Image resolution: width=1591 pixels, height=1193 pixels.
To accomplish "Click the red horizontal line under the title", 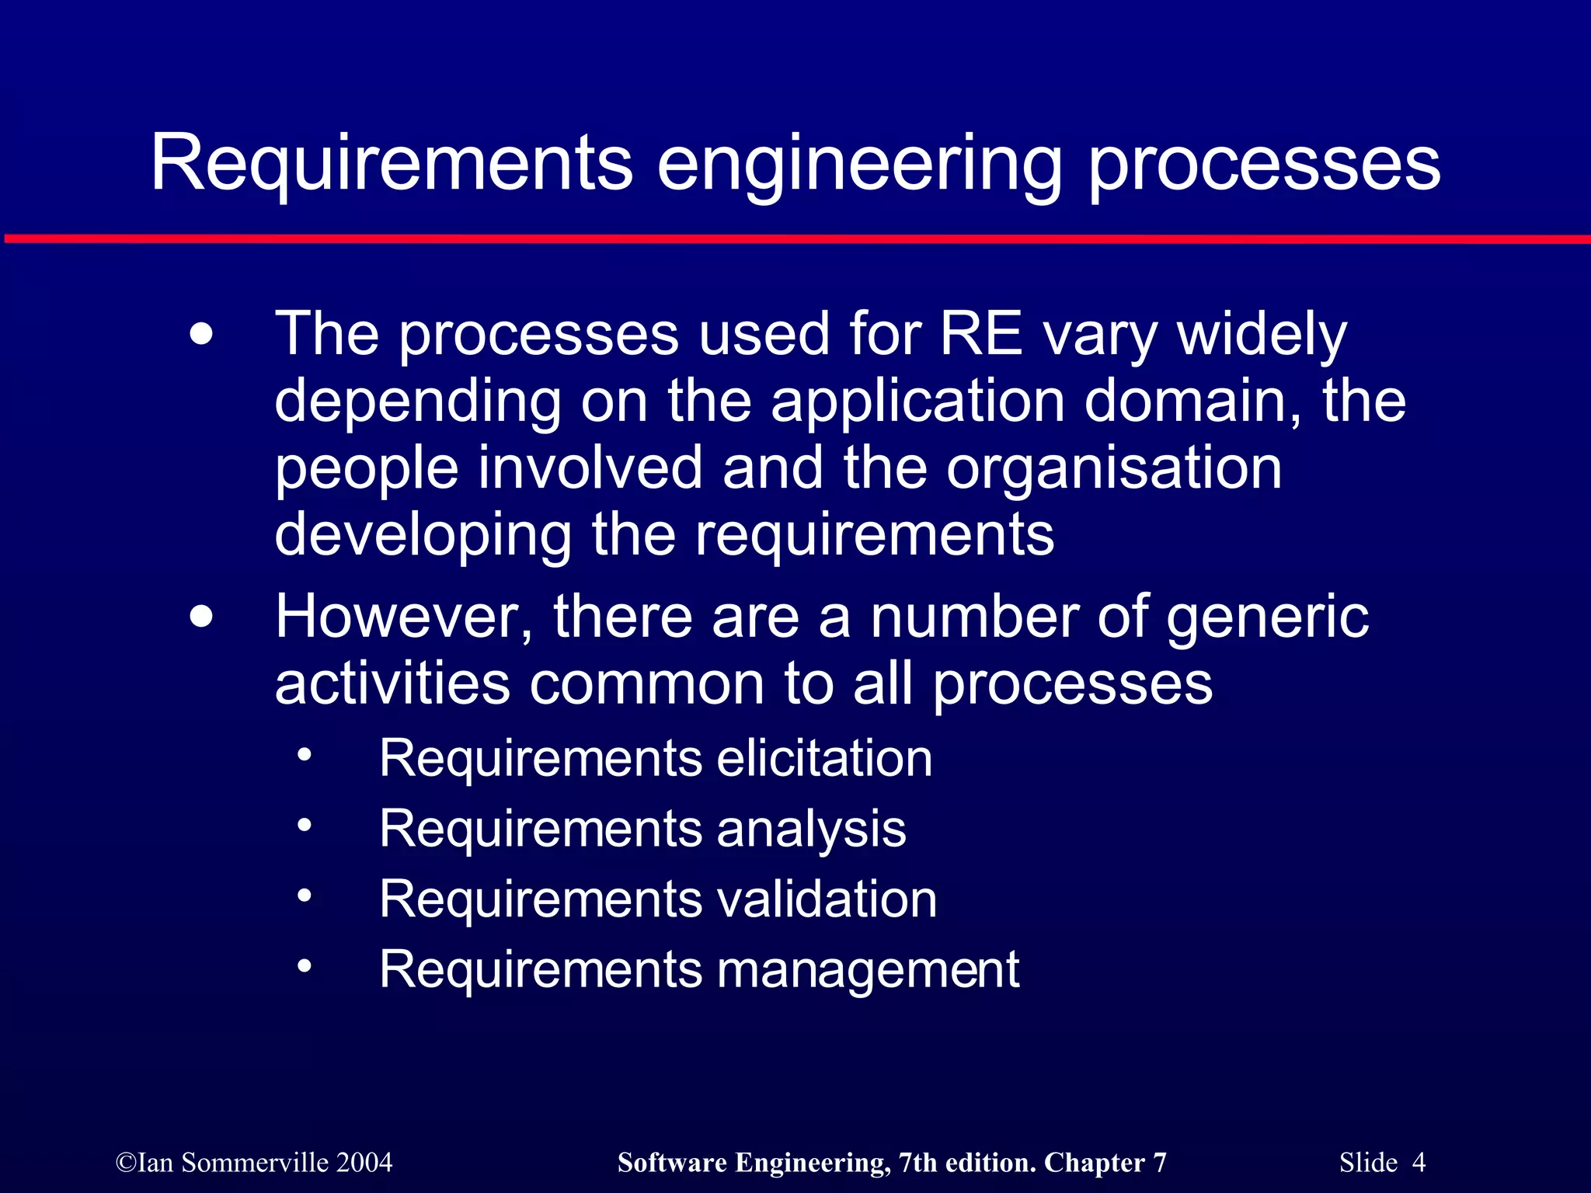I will (795, 238).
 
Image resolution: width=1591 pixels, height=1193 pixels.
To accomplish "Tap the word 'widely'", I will (1262, 336).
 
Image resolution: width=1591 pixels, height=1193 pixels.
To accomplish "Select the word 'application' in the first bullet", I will (917, 402).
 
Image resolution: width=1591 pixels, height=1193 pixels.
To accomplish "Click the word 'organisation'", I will (1114, 469).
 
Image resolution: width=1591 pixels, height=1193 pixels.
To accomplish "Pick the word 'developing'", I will (423, 536).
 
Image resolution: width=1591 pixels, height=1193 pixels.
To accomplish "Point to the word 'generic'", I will (1267, 618).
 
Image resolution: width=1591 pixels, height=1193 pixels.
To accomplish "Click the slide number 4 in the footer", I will (1419, 1163).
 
